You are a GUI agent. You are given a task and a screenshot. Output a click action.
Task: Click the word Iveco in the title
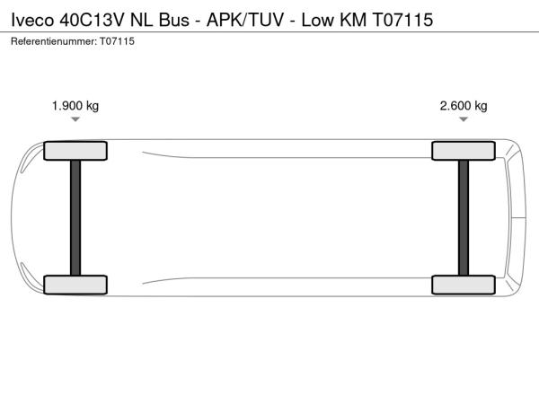(32, 20)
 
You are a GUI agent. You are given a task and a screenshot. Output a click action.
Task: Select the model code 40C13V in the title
(92, 20)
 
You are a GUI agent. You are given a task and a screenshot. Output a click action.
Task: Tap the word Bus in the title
(174, 20)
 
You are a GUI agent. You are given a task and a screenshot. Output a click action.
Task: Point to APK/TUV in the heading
(245, 20)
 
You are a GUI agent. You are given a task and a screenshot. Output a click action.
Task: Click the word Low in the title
(318, 20)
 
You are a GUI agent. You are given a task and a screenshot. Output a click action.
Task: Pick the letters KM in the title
(353, 20)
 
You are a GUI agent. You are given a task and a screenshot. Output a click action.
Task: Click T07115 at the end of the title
(402, 20)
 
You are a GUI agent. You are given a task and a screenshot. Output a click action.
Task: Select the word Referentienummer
(54, 41)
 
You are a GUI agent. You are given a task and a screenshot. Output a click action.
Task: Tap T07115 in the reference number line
(117, 41)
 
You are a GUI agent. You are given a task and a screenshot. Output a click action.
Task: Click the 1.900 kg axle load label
(75, 106)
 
